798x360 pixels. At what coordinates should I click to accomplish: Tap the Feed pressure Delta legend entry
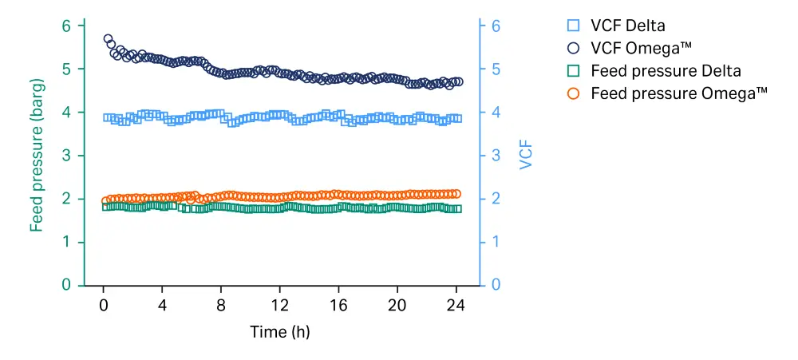(666, 70)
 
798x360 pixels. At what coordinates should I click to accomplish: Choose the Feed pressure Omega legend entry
(678, 93)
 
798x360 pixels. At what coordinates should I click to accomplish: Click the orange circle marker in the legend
(573, 93)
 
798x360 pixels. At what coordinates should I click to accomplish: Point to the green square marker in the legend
(573, 71)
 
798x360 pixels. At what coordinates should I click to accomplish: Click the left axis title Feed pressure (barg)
(37, 156)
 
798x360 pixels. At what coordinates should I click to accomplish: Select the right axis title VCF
(525, 156)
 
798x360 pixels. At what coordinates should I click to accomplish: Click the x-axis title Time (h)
(279, 331)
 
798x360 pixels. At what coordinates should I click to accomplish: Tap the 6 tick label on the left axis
(67, 26)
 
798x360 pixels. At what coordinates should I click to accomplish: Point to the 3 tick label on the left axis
(67, 155)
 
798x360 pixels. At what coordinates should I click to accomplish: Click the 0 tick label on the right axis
(495, 285)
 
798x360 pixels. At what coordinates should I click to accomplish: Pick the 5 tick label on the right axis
(495, 69)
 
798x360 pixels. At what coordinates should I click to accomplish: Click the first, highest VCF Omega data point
(108, 38)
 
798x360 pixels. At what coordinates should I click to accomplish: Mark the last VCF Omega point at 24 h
(458, 81)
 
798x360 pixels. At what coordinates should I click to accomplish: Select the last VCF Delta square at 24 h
(457, 118)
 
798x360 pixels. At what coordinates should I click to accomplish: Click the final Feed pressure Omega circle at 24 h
(456, 193)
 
